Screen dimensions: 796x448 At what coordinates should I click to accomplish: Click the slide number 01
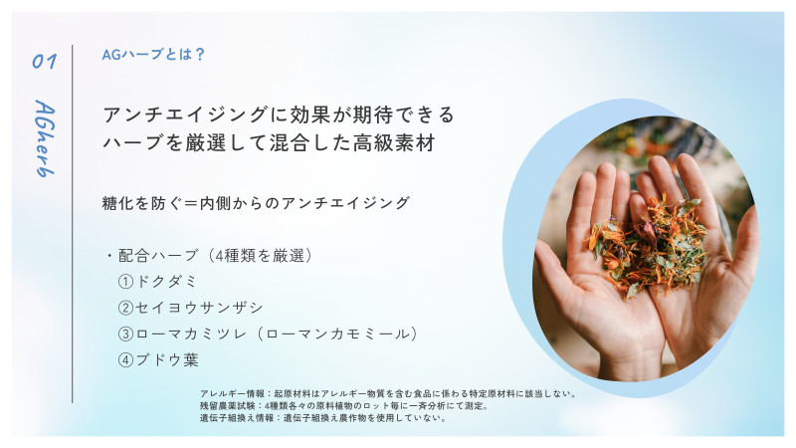coord(44,62)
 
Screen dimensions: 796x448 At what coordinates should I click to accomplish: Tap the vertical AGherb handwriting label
coord(45,138)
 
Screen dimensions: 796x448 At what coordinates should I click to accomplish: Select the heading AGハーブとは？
coord(153,54)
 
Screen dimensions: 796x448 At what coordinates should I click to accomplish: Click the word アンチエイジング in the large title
coord(186,114)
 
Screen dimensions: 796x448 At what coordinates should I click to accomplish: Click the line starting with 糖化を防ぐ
coord(256,203)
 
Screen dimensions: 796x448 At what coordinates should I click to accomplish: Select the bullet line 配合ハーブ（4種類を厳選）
coord(209,255)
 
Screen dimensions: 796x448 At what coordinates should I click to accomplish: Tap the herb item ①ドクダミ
coord(157,282)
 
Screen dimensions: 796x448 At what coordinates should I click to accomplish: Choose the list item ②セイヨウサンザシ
coord(191,308)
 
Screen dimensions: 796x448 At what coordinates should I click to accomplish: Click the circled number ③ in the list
coord(125,334)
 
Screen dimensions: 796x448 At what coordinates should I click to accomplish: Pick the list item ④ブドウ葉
coord(158,360)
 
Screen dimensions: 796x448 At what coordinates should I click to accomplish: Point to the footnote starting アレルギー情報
coord(389,393)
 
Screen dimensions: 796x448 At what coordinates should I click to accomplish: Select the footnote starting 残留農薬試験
coord(344,406)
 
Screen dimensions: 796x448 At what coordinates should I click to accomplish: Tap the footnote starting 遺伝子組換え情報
coord(324,418)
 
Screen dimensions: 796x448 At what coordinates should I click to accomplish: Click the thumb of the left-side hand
coord(558,268)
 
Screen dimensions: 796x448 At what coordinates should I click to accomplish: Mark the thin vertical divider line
coord(72,223)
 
